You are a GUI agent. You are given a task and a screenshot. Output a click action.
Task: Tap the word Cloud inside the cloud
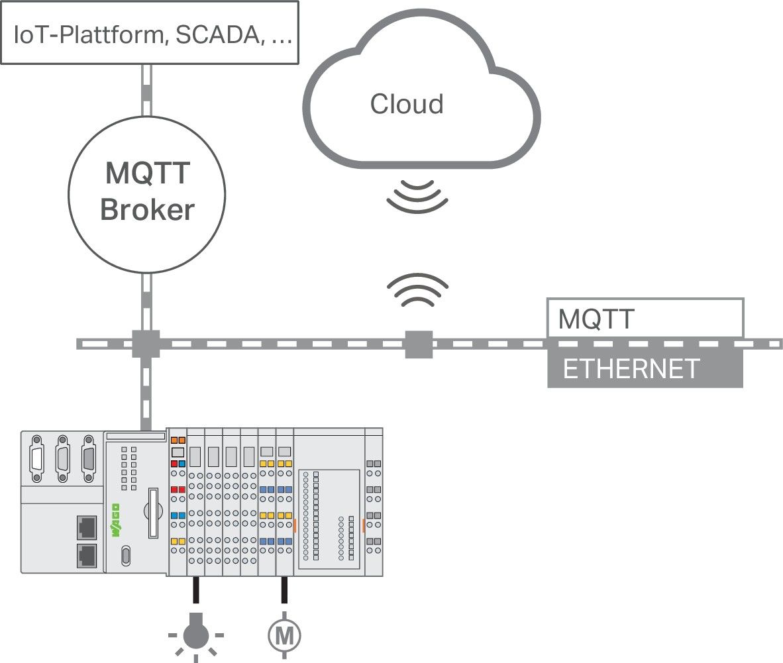click(407, 104)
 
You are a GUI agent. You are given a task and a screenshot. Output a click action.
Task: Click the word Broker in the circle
click(147, 210)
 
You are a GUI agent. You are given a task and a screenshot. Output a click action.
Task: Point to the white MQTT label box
click(644, 318)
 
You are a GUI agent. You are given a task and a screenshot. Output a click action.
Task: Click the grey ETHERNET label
click(631, 369)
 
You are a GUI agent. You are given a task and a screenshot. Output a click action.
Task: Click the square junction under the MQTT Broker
click(146, 344)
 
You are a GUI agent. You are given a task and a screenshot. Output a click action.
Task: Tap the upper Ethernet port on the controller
click(86, 527)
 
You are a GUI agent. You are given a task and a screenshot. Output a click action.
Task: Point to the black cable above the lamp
click(195, 589)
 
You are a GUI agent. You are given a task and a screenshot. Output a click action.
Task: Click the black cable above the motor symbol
click(284, 589)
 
